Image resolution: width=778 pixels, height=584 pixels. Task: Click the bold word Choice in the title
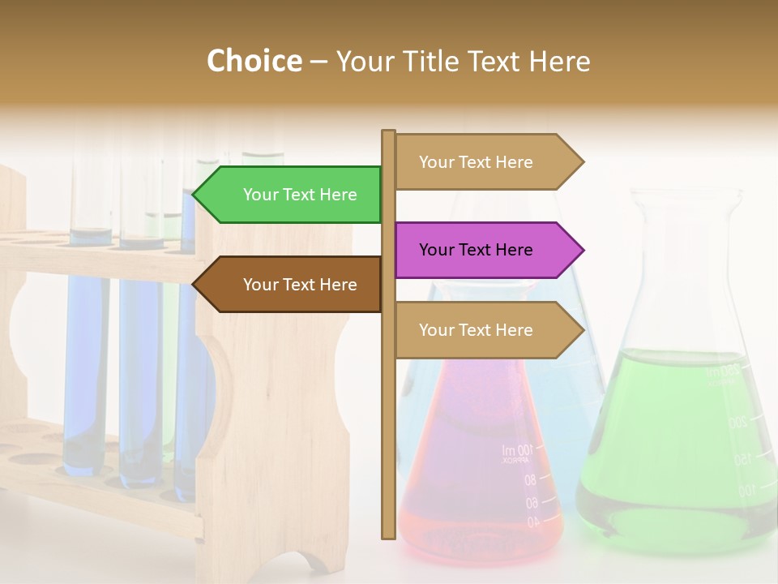pos(254,61)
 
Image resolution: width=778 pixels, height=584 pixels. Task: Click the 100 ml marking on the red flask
pos(516,451)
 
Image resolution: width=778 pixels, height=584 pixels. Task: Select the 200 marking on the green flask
pos(738,423)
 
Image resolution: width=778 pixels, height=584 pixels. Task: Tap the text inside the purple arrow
pos(476,250)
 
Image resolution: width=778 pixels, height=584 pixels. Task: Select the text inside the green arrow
pos(300,195)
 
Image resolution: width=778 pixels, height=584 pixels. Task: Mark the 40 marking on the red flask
pos(532,523)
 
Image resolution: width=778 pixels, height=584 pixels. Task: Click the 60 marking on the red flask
pos(532,503)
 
